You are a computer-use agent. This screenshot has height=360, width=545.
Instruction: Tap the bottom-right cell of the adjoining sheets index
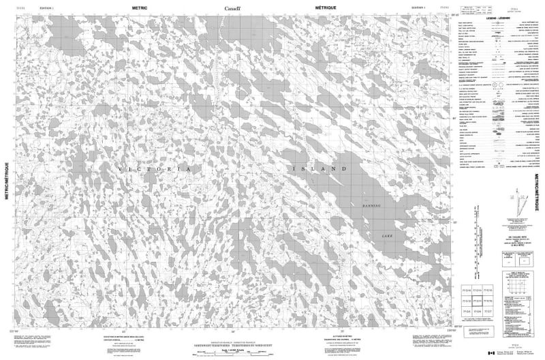523,311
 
